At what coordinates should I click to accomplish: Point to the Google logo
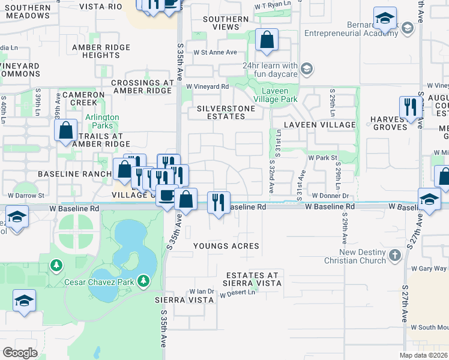tap(20, 352)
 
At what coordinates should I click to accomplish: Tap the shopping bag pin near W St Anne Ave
tap(267, 40)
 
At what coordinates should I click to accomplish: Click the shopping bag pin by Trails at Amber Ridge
tap(65, 130)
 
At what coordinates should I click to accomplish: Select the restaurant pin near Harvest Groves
tap(409, 108)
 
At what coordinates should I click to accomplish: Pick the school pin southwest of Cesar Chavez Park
tap(24, 301)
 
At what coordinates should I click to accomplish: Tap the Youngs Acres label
tap(226, 246)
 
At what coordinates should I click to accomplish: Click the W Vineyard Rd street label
tap(207, 86)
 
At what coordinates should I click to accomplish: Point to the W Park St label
tap(321, 157)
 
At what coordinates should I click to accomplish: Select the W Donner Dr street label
tap(330, 196)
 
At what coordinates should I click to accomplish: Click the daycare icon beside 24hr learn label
tap(307, 70)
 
